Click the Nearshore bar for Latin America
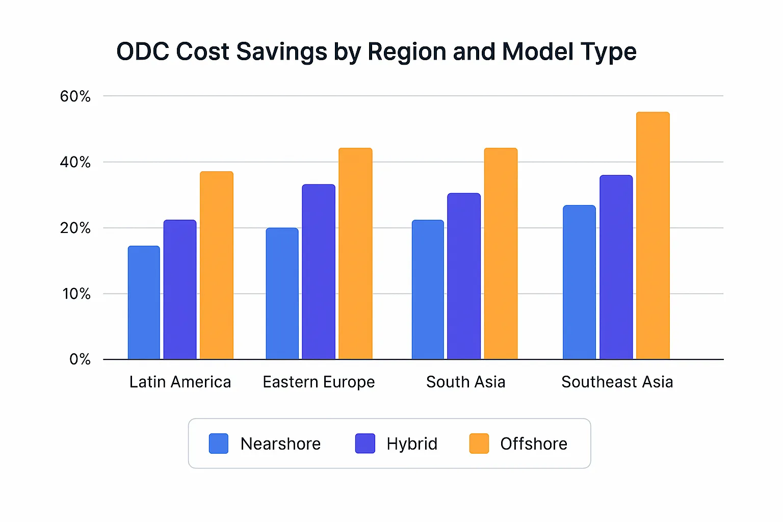(x=144, y=303)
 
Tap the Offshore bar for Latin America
(x=217, y=265)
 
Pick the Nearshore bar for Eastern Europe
(x=282, y=294)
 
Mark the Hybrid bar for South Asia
(x=464, y=276)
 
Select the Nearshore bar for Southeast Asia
(x=579, y=282)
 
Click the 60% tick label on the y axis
(x=75, y=96)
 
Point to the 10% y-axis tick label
(x=76, y=294)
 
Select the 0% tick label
(x=80, y=360)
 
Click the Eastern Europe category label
(x=319, y=382)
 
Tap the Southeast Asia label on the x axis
(x=617, y=382)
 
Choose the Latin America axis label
(x=180, y=382)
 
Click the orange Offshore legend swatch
(x=479, y=443)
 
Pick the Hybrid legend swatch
(x=365, y=443)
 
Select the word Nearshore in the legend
(x=280, y=444)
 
